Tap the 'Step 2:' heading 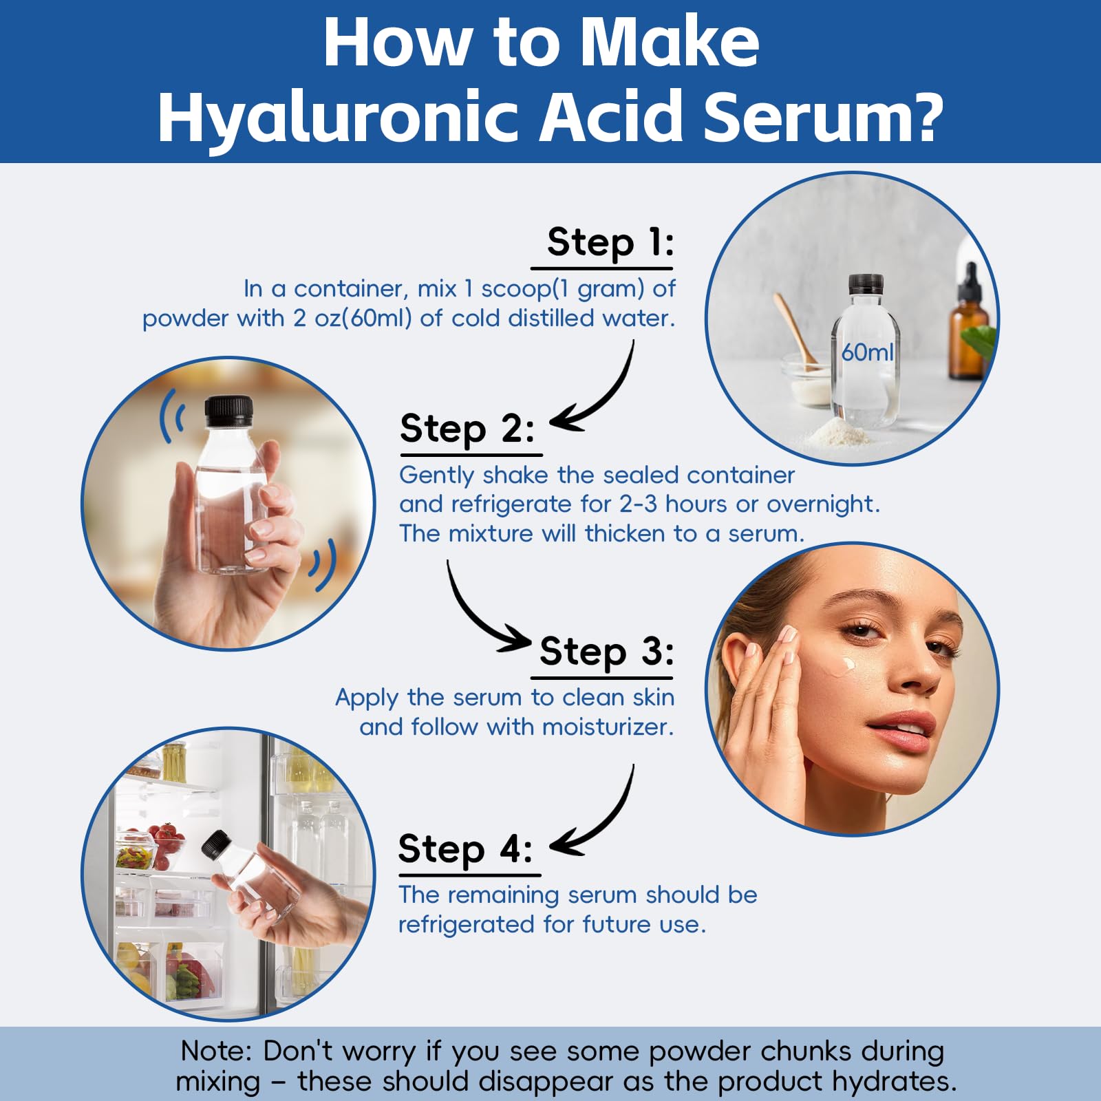[x=467, y=429]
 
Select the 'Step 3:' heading [x=606, y=651]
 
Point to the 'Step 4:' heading [x=466, y=848]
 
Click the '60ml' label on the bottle [x=867, y=352]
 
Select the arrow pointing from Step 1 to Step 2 [x=600, y=399]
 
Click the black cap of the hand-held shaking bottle [x=229, y=411]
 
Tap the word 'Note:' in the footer [x=216, y=1051]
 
